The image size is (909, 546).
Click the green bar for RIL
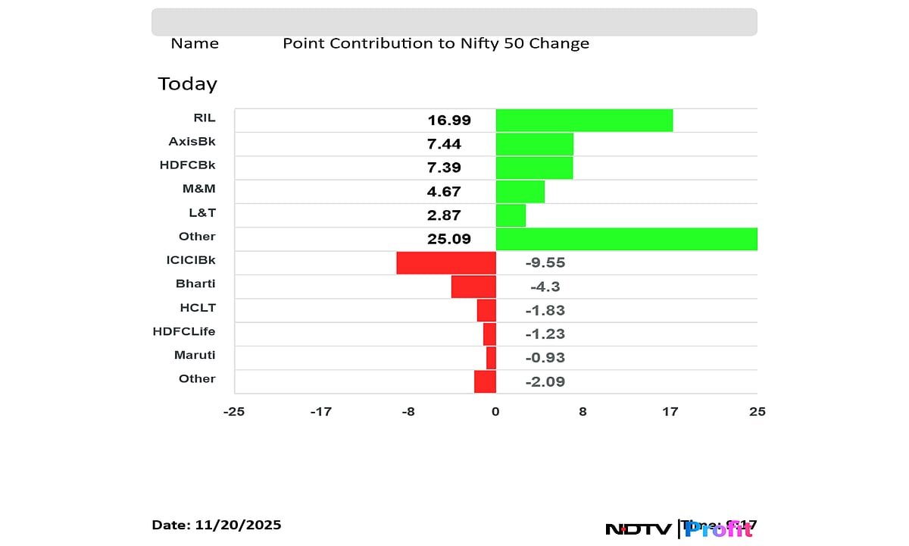(x=584, y=120)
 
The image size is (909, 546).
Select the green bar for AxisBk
(x=534, y=144)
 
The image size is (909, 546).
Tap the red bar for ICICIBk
(x=446, y=262)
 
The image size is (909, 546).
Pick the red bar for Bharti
(x=473, y=287)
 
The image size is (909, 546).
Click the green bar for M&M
(x=520, y=192)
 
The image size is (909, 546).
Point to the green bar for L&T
(x=511, y=215)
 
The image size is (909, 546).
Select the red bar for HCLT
(x=486, y=310)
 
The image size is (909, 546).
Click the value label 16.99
(x=449, y=120)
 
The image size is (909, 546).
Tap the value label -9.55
(x=545, y=263)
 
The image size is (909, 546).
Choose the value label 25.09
(x=449, y=239)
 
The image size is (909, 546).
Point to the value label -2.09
(x=545, y=381)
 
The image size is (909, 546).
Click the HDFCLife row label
(x=184, y=331)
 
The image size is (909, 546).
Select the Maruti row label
(x=195, y=355)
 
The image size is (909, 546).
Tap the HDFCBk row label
(x=187, y=165)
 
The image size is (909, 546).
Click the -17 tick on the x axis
(x=321, y=412)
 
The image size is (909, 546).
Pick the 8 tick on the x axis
(x=583, y=412)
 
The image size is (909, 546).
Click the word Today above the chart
(x=187, y=83)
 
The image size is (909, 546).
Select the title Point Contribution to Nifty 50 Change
(x=436, y=43)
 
